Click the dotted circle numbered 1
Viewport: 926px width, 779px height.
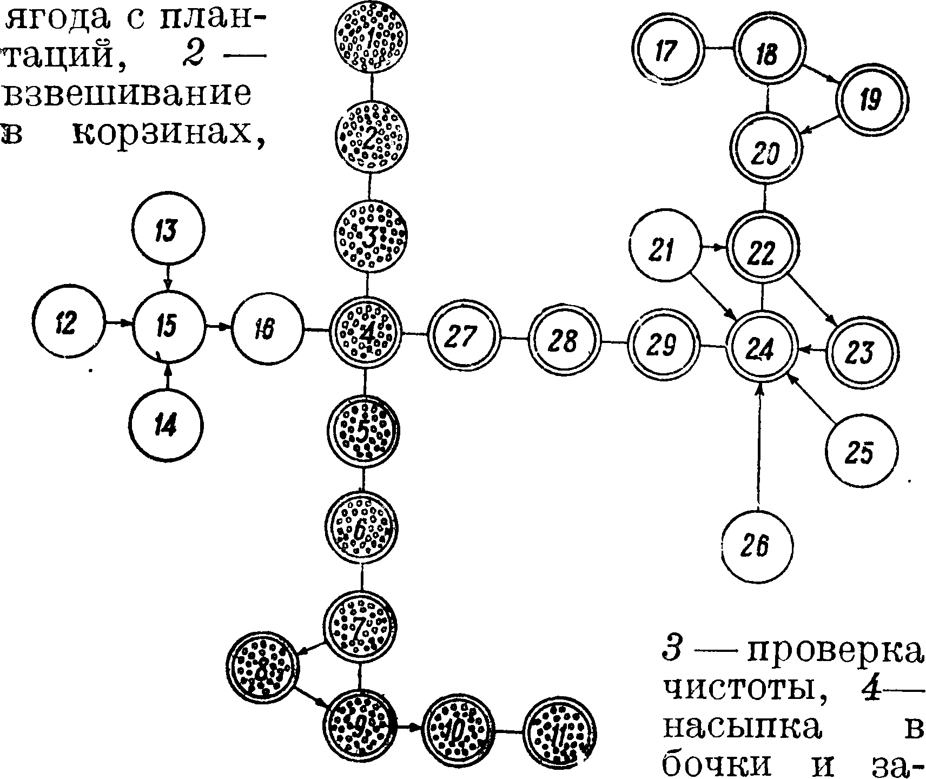click(x=371, y=38)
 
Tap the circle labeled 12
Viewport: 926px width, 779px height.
click(x=67, y=324)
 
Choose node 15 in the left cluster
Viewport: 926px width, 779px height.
click(x=168, y=326)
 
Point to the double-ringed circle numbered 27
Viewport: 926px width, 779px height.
click(x=464, y=336)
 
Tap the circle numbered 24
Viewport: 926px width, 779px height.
click(x=761, y=348)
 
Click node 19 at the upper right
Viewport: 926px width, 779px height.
click(x=871, y=100)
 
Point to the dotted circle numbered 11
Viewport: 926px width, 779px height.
click(x=559, y=733)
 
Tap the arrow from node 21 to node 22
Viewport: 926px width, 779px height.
click(x=714, y=248)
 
